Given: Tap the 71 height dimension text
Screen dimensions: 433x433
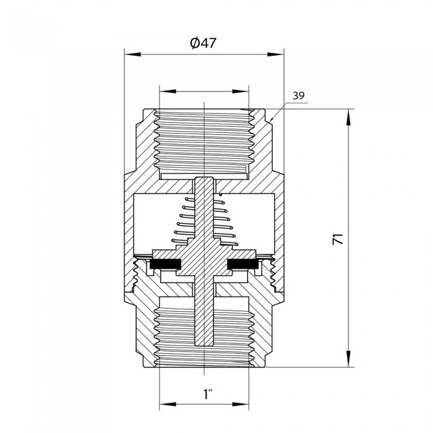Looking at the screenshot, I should (x=338, y=239).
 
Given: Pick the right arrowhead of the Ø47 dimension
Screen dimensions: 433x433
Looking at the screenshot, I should (x=278, y=54).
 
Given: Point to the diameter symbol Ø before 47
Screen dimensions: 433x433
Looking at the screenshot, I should (x=194, y=43).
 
